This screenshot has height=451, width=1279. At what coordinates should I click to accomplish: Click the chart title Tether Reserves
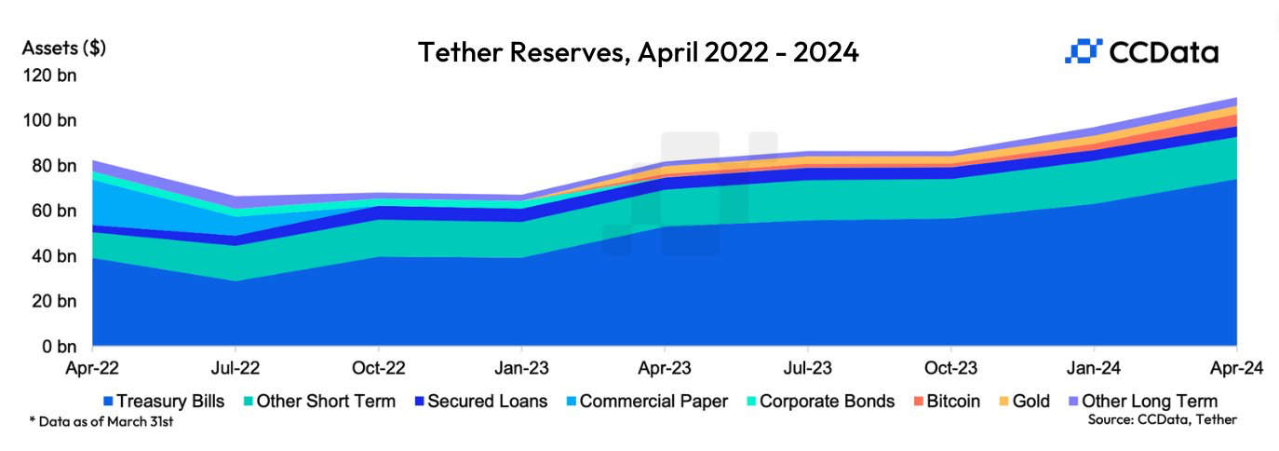click(x=638, y=52)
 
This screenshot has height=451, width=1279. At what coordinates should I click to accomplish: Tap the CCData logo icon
click(x=1083, y=52)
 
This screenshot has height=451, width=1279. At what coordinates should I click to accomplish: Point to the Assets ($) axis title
click(x=64, y=48)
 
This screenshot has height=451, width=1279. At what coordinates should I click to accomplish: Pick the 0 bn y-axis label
click(x=59, y=347)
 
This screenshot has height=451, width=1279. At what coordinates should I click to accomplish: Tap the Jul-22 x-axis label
click(x=236, y=368)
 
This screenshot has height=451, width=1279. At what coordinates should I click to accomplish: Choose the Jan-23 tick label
click(x=521, y=368)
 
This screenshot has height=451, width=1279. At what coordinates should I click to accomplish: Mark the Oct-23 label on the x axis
click(x=950, y=368)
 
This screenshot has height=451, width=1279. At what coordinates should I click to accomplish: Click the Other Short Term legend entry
click(x=318, y=402)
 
